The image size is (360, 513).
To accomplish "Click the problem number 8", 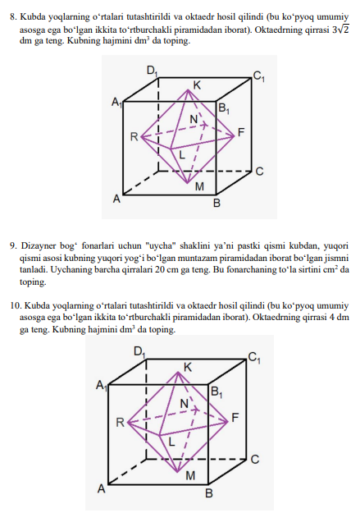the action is (x=11, y=13).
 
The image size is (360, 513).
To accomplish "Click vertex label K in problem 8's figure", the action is (x=197, y=85).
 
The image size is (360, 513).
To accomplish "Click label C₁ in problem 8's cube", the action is (x=258, y=77).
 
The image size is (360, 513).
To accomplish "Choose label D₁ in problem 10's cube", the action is (x=139, y=351).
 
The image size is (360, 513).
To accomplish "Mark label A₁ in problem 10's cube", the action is (x=102, y=385).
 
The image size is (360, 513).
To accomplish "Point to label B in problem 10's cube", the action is (x=208, y=493).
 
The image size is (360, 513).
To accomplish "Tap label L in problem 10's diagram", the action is (x=172, y=442).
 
